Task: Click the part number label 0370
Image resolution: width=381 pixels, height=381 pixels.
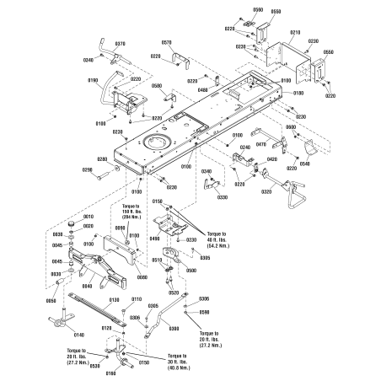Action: coord(120,44)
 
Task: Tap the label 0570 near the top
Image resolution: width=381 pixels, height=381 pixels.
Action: coord(166,42)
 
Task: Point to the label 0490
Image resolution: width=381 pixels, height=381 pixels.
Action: coord(154,239)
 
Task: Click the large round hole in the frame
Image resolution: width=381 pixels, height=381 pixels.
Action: coord(154,144)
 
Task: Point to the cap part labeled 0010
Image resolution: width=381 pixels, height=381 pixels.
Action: coord(72,218)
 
